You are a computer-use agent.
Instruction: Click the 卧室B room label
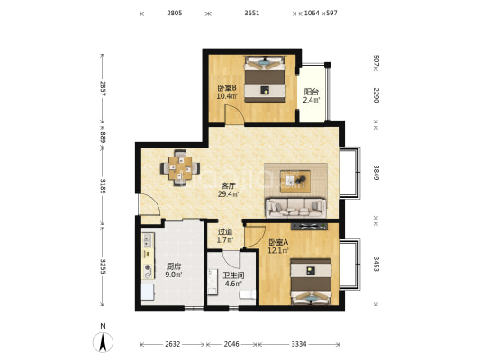(227, 88)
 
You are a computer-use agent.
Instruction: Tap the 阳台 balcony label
(312, 92)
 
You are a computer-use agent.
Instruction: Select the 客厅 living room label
(229, 186)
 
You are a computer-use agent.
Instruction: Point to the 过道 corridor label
(225, 232)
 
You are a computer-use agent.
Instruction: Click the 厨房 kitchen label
(174, 266)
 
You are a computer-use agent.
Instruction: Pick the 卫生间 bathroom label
(233, 275)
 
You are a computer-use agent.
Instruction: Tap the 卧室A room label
(278, 242)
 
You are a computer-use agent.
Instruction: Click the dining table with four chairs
(180, 168)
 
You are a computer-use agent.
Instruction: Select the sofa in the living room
(295, 208)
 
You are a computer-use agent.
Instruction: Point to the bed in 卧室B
(265, 79)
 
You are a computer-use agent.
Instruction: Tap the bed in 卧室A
(311, 282)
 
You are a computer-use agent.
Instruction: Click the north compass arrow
(104, 342)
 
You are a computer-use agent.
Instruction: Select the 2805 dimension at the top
(175, 13)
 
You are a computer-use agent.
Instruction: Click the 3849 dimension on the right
(376, 173)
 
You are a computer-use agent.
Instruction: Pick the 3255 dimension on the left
(103, 266)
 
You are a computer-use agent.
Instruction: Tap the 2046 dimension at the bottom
(231, 344)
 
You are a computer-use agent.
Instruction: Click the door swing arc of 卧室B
(238, 109)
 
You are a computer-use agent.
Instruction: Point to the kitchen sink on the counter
(149, 239)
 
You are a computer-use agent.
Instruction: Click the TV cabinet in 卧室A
(309, 227)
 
